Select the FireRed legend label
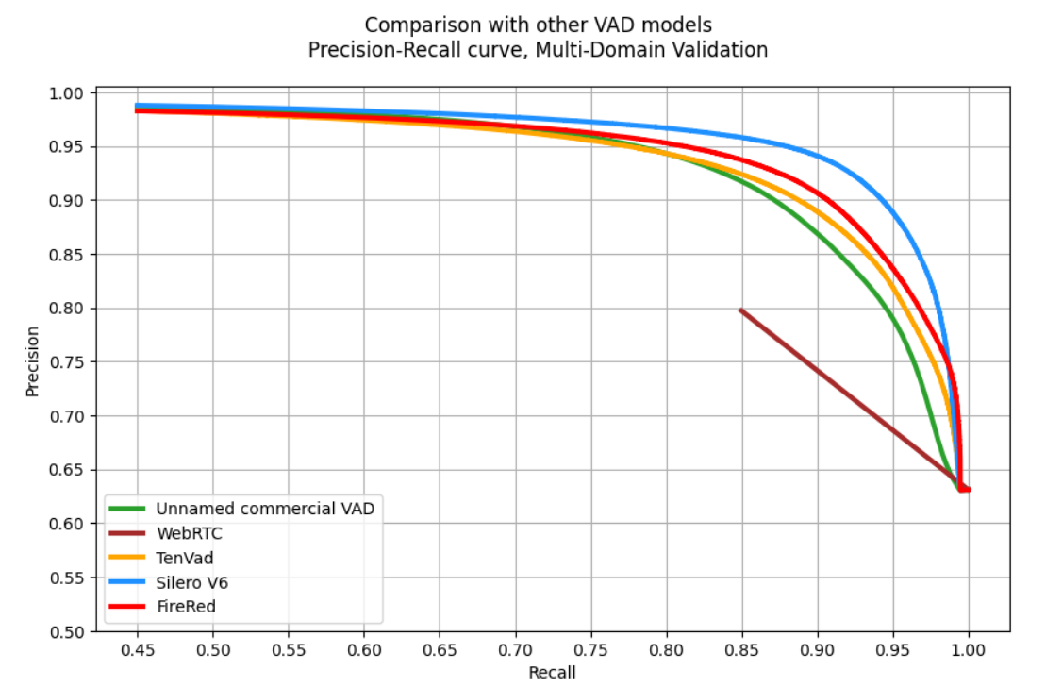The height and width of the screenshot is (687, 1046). point(187,607)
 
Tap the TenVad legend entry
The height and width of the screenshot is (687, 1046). point(185,558)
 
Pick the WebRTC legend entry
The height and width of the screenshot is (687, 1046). point(189,533)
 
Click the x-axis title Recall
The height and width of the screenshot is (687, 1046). point(553,672)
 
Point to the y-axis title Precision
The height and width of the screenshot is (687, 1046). point(33,361)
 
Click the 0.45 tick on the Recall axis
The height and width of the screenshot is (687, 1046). point(137,650)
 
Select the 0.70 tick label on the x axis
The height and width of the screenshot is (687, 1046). point(515,650)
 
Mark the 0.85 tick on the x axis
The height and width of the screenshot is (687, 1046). point(741,650)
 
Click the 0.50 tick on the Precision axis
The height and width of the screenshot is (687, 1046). point(67,631)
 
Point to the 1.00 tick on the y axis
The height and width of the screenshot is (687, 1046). point(67,93)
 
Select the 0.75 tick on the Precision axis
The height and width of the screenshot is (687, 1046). point(67,362)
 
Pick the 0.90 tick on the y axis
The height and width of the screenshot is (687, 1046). point(67,201)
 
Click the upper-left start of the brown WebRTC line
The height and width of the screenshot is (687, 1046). point(741,310)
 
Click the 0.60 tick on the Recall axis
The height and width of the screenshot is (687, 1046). point(364,650)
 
